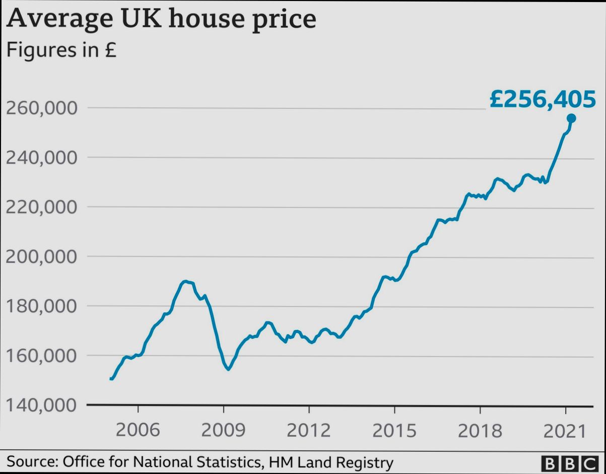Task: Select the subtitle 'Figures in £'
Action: pyautogui.click(x=60, y=50)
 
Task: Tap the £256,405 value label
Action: pyautogui.click(x=543, y=99)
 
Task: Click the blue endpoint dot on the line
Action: pyautogui.click(x=571, y=118)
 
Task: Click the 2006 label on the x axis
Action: pyautogui.click(x=138, y=431)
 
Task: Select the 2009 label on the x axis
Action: pyautogui.click(x=223, y=431)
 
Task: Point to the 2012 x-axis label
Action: pyautogui.click(x=309, y=431)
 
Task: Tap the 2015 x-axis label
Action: pyautogui.click(x=394, y=431)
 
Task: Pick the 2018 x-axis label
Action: pyautogui.click(x=480, y=431)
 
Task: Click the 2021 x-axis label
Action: pyautogui.click(x=565, y=431)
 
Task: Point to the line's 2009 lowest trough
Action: pyautogui.click(x=228, y=369)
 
